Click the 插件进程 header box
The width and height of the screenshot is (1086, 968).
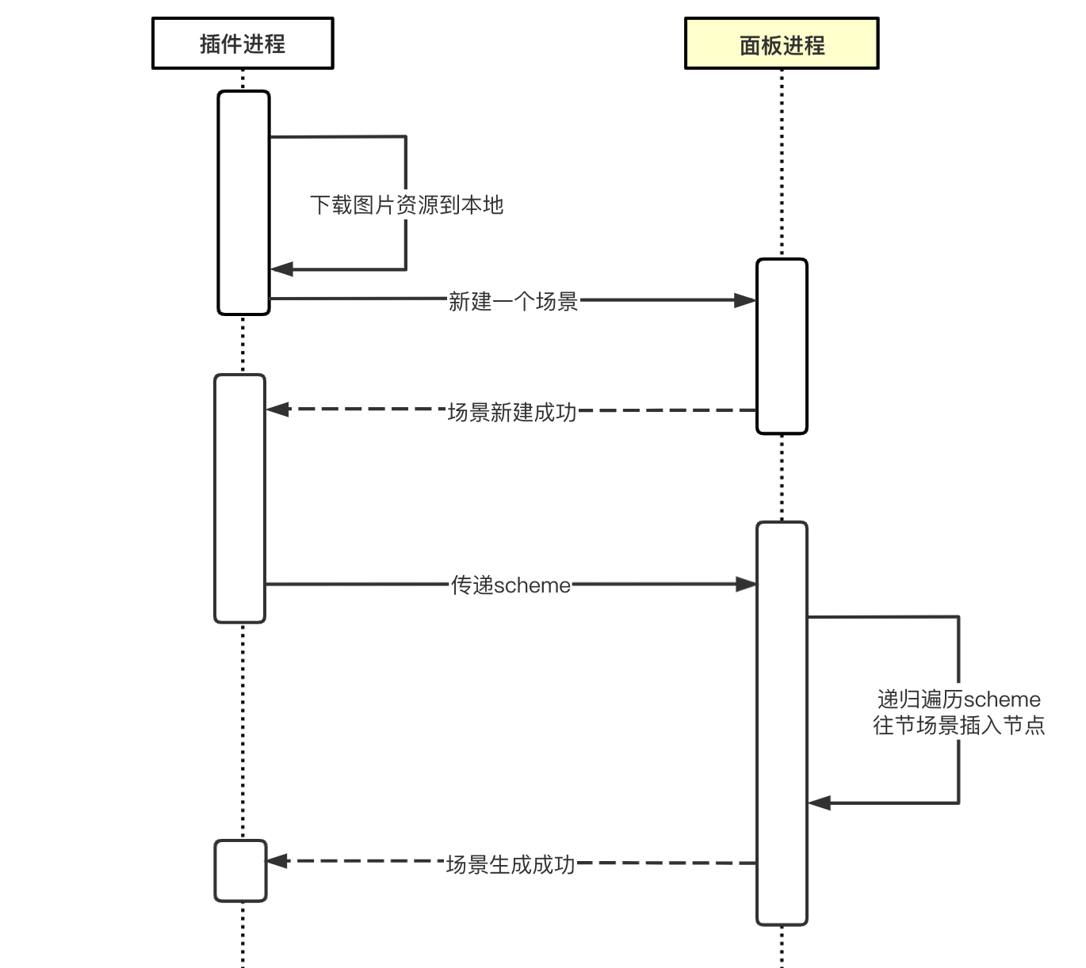(x=243, y=44)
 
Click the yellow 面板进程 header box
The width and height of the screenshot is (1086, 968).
(x=782, y=44)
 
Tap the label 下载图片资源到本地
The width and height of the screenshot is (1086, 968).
(x=407, y=204)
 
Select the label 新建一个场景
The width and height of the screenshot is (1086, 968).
(x=513, y=301)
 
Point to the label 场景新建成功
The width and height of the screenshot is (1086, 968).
(x=512, y=412)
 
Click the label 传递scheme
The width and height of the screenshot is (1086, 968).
(x=510, y=585)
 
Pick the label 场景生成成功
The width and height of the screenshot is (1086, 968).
(x=510, y=864)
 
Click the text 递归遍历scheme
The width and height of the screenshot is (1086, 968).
(x=958, y=699)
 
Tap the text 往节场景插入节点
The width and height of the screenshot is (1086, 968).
(x=958, y=726)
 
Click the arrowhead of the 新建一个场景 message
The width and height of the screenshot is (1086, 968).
(x=745, y=300)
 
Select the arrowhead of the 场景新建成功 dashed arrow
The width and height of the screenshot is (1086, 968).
(x=277, y=410)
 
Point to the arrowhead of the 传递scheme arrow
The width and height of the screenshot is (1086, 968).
(x=746, y=584)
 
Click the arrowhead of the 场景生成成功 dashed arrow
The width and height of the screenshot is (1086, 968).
(x=277, y=861)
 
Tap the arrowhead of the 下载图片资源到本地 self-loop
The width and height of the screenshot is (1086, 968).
(x=281, y=269)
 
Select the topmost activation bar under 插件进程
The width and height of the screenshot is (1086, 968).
(x=243, y=203)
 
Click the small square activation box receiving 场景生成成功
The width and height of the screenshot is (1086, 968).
(x=240, y=871)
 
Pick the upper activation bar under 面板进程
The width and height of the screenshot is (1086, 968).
(x=782, y=346)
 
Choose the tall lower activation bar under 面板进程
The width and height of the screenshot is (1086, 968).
(x=782, y=723)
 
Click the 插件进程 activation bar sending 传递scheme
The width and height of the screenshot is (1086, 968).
(x=239, y=498)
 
